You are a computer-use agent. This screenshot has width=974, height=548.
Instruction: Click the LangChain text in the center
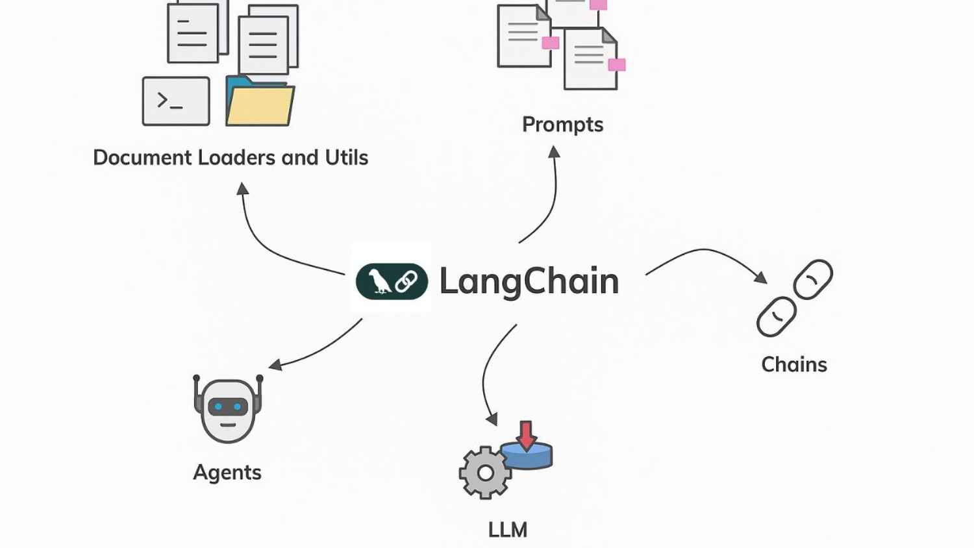pos(529,282)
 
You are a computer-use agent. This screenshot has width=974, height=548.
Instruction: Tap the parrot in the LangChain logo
pos(379,282)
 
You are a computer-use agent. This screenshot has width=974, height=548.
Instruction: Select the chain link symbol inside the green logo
pos(406,282)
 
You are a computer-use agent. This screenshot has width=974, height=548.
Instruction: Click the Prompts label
pos(562,124)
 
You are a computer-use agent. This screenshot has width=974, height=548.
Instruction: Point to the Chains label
pos(793,364)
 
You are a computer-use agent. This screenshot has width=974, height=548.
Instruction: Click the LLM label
pos(507,530)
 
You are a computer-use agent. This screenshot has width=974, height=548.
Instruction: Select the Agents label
pos(227,472)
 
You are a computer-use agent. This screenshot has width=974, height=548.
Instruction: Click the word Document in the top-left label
pos(142,157)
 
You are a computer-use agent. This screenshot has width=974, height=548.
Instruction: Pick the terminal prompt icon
pos(175,101)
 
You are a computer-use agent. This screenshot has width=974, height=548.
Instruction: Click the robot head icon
pos(227,409)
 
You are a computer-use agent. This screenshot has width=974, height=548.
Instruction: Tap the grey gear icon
pos(484,473)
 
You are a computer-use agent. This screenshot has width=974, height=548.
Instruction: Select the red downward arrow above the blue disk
pos(526,434)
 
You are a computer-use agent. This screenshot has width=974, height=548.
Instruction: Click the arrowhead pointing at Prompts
pos(554,152)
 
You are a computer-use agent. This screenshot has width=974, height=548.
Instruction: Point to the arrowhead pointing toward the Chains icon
pos(760,277)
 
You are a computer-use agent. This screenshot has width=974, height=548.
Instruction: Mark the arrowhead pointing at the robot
pos(275,365)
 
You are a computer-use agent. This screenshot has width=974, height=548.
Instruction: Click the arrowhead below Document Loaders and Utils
pos(242,188)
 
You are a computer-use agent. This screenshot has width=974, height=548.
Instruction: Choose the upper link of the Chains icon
pos(812,279)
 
